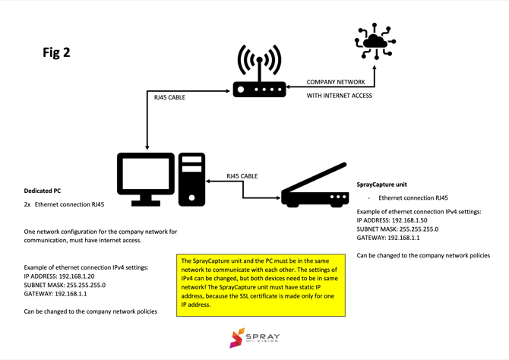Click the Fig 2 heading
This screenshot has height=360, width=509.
coord(56,52)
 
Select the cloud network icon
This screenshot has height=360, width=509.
coord(375,42)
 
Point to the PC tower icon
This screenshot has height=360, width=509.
coord(192,179)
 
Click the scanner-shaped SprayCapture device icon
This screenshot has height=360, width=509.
coord(315,187)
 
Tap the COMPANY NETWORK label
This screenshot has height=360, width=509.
coord(336,82)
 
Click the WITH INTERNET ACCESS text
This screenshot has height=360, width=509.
coord(340,96)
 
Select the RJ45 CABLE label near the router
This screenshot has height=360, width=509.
coord(169,97)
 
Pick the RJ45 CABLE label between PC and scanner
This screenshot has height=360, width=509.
coord(242,176)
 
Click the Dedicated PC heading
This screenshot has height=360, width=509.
coord(43,191)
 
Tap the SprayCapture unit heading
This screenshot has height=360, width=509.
coord(381,185)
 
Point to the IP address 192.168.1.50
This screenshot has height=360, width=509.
coord(407,219)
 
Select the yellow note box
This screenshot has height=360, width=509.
coord(261,286)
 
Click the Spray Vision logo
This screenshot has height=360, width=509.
coord(254,338)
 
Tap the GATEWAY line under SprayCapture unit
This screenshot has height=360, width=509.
coord(387,238)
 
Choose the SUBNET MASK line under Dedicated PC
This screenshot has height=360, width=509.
coord(65,286)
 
